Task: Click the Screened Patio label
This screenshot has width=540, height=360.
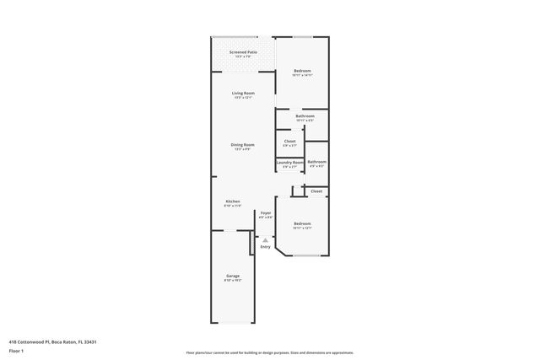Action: coord(243,52)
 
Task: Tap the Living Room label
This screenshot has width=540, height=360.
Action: coord(243,93)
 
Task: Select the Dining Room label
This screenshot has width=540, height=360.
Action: coord(243,144)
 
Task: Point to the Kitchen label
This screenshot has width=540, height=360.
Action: coord(233,201)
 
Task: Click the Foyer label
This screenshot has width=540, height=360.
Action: coord(265,212)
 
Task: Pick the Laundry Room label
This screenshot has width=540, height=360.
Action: coord(289,162)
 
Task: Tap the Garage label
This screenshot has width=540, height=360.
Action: coord(232,276)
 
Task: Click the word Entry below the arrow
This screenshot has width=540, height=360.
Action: coord(265,247)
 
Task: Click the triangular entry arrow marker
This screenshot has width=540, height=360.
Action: coord(265,239)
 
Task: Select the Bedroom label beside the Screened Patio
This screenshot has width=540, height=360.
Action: coord(302,70)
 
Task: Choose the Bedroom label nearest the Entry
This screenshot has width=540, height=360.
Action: coord(302,223)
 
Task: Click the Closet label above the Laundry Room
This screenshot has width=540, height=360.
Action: coord(289,141)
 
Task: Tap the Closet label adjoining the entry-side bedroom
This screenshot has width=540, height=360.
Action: coord(316,191)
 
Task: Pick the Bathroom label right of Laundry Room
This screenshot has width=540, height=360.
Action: coord(316,161)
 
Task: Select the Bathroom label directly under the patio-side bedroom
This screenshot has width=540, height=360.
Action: coord(305,116)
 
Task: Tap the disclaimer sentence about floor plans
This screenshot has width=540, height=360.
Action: coord(269,352)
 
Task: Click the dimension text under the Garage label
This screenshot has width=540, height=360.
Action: coord(232,281)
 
